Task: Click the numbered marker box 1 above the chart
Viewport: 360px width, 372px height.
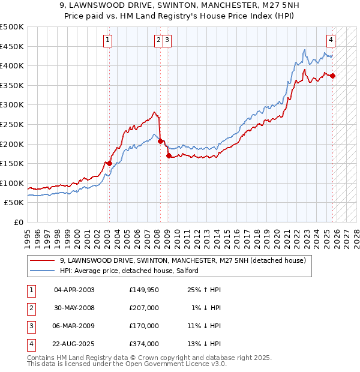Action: [x=107, y=40]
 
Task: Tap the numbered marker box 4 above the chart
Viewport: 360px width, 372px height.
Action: [x=331, y=40]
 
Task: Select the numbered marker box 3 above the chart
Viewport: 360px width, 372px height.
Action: [x=166, y=40]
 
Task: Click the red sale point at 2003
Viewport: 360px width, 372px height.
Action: [x=109, y=163]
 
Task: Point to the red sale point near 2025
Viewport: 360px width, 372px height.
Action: [x=333, y=76]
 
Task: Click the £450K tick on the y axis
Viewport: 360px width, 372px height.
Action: [x=12, y=46]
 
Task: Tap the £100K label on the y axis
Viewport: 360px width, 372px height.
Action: [x=12, y=183]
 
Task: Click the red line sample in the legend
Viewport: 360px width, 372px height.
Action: [x=43, y=260]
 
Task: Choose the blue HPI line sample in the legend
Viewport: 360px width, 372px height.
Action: [x=43, y=271]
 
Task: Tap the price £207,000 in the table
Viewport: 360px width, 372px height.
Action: [x=144, y=308]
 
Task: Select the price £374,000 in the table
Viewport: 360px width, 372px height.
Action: [x=144, y=344]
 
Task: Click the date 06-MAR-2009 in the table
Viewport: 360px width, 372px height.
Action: [x=74, y=326]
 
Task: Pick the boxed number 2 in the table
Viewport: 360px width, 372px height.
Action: [x=31, y=308]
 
